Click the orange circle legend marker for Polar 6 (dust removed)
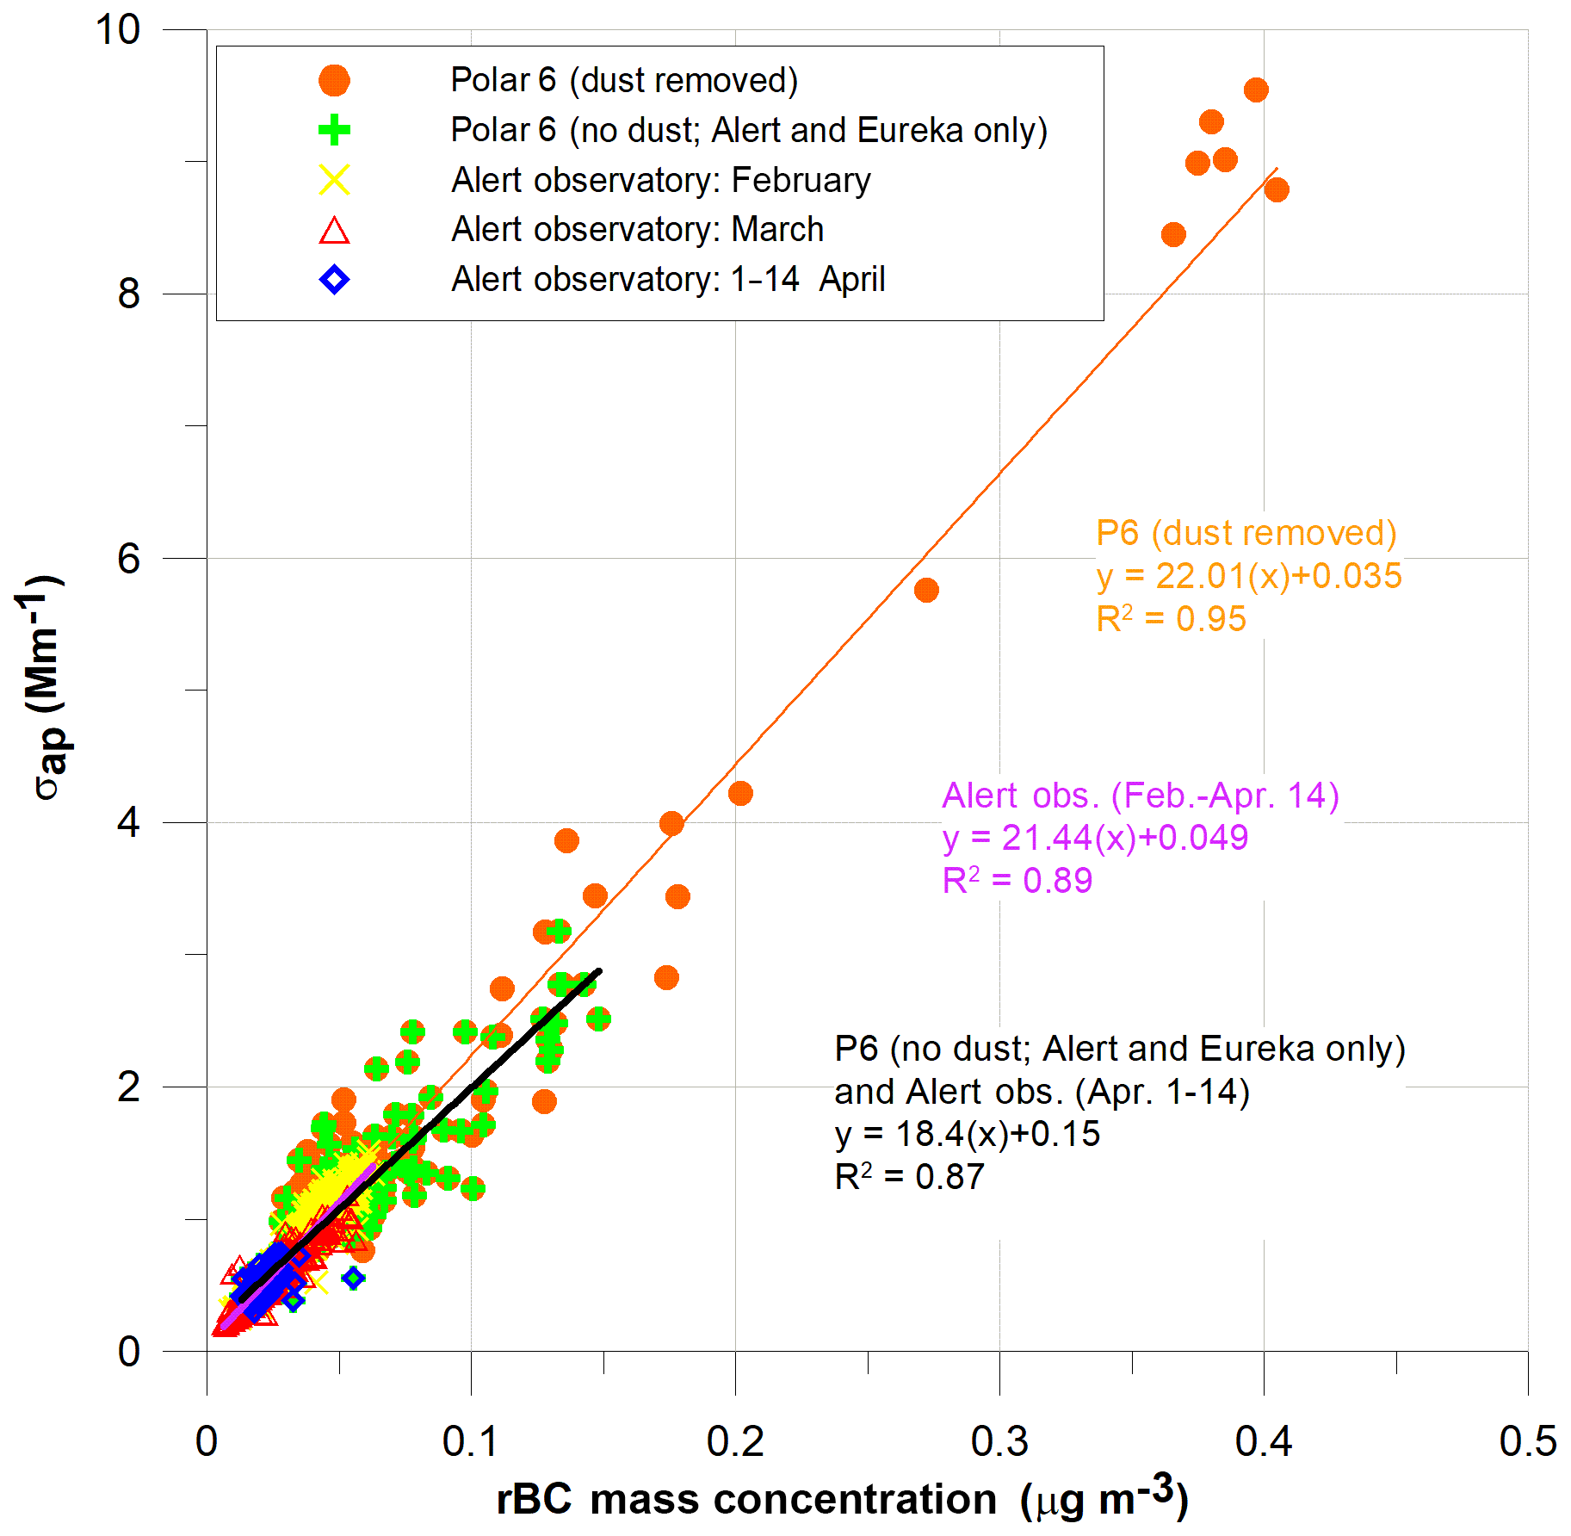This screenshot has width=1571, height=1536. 334,81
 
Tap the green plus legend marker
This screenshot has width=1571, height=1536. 334,131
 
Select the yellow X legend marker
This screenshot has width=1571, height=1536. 334,180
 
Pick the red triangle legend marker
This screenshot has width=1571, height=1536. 334,231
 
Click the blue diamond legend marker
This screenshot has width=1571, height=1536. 334,280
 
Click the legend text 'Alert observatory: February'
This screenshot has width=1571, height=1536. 660,181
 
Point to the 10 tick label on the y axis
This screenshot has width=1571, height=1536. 118,30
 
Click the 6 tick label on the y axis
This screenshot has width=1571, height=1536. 128,559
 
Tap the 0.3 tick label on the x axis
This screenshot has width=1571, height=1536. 999,1441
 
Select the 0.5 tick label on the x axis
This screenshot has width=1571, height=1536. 1527,1441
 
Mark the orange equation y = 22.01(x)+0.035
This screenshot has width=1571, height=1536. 1248,576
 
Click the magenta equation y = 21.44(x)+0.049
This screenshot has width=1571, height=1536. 1094,838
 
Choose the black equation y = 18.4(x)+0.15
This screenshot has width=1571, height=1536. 967,1134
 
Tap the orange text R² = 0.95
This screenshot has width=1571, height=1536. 1170,619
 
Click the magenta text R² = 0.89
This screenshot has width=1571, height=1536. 1017,881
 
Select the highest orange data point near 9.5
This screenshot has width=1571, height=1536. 1256,90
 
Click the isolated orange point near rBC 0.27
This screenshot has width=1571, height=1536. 926,591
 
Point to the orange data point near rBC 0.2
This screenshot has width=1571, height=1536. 740,793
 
